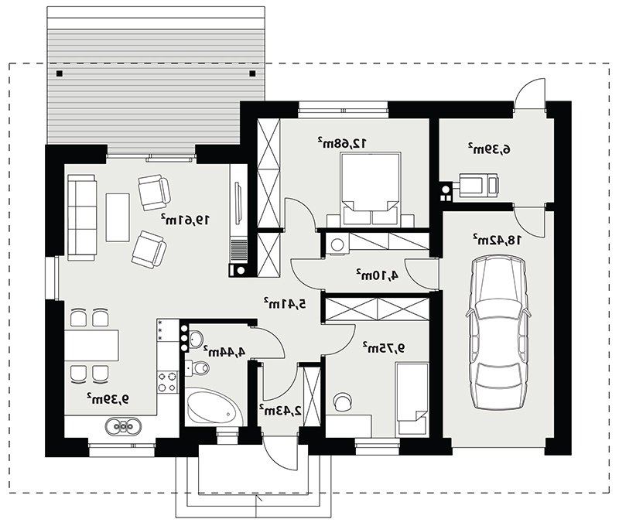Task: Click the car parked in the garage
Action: point(498,333)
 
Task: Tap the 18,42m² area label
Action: point(498,240)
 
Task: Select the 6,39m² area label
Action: point(490,149)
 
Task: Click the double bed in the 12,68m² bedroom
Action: point(371,189)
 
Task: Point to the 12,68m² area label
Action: point(343,142)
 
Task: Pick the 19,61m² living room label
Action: point(186,219)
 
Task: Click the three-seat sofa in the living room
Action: point(82,217)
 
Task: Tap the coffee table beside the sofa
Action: point(118,217)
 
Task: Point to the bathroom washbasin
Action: point(197,339)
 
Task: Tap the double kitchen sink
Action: point(124,425)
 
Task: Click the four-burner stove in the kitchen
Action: point(167,381)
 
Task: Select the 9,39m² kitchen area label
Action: point(108,398)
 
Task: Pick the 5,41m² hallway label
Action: point(285,303)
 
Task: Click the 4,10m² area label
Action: point(378,274)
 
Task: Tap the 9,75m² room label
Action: point(384,347)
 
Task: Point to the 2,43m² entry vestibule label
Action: point(281,411)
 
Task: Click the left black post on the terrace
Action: point(60,73)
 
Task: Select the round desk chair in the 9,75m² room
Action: point(342,401)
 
